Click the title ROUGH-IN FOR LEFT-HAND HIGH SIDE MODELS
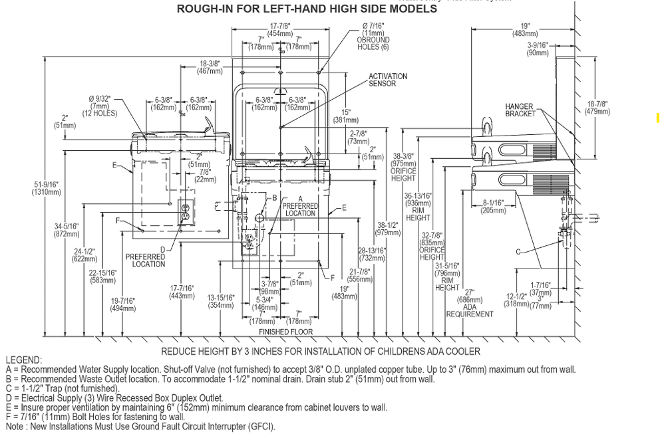307,9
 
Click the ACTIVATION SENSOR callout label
388,80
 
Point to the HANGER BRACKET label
520,110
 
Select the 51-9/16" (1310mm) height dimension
45,188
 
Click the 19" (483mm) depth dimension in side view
526,30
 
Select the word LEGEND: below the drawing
23,360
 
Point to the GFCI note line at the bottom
140,427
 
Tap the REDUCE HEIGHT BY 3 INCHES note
321,351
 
